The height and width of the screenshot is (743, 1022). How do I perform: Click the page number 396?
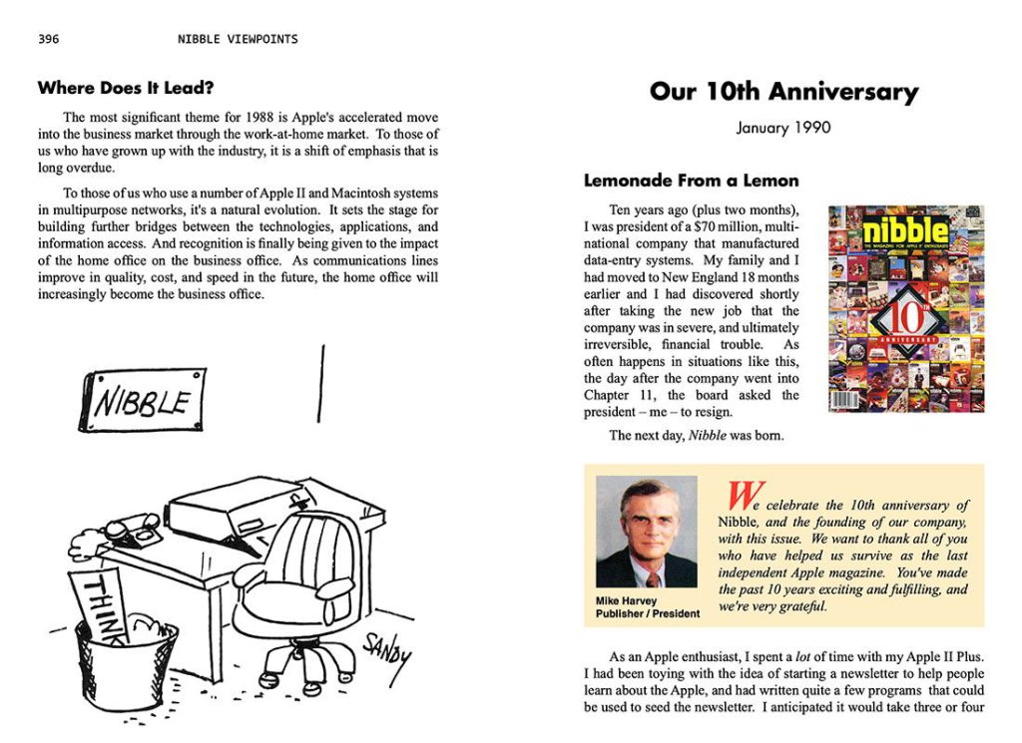pos(48,40)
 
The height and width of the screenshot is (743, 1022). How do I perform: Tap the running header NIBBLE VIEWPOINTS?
pos(238,40)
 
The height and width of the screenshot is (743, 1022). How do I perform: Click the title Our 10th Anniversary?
pos(783,93)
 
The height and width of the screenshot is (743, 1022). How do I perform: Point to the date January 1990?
pos(783,128)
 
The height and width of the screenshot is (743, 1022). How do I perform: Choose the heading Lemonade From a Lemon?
pos(691,181)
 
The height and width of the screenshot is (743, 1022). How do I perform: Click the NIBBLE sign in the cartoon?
pos(143,400)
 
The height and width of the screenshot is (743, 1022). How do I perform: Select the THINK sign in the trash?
pos(102,603)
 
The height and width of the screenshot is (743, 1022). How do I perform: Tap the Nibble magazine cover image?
pos(905,308)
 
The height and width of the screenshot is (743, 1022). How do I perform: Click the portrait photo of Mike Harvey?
pos(646,533)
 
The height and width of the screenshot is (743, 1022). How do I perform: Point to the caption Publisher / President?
pos(648,613)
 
